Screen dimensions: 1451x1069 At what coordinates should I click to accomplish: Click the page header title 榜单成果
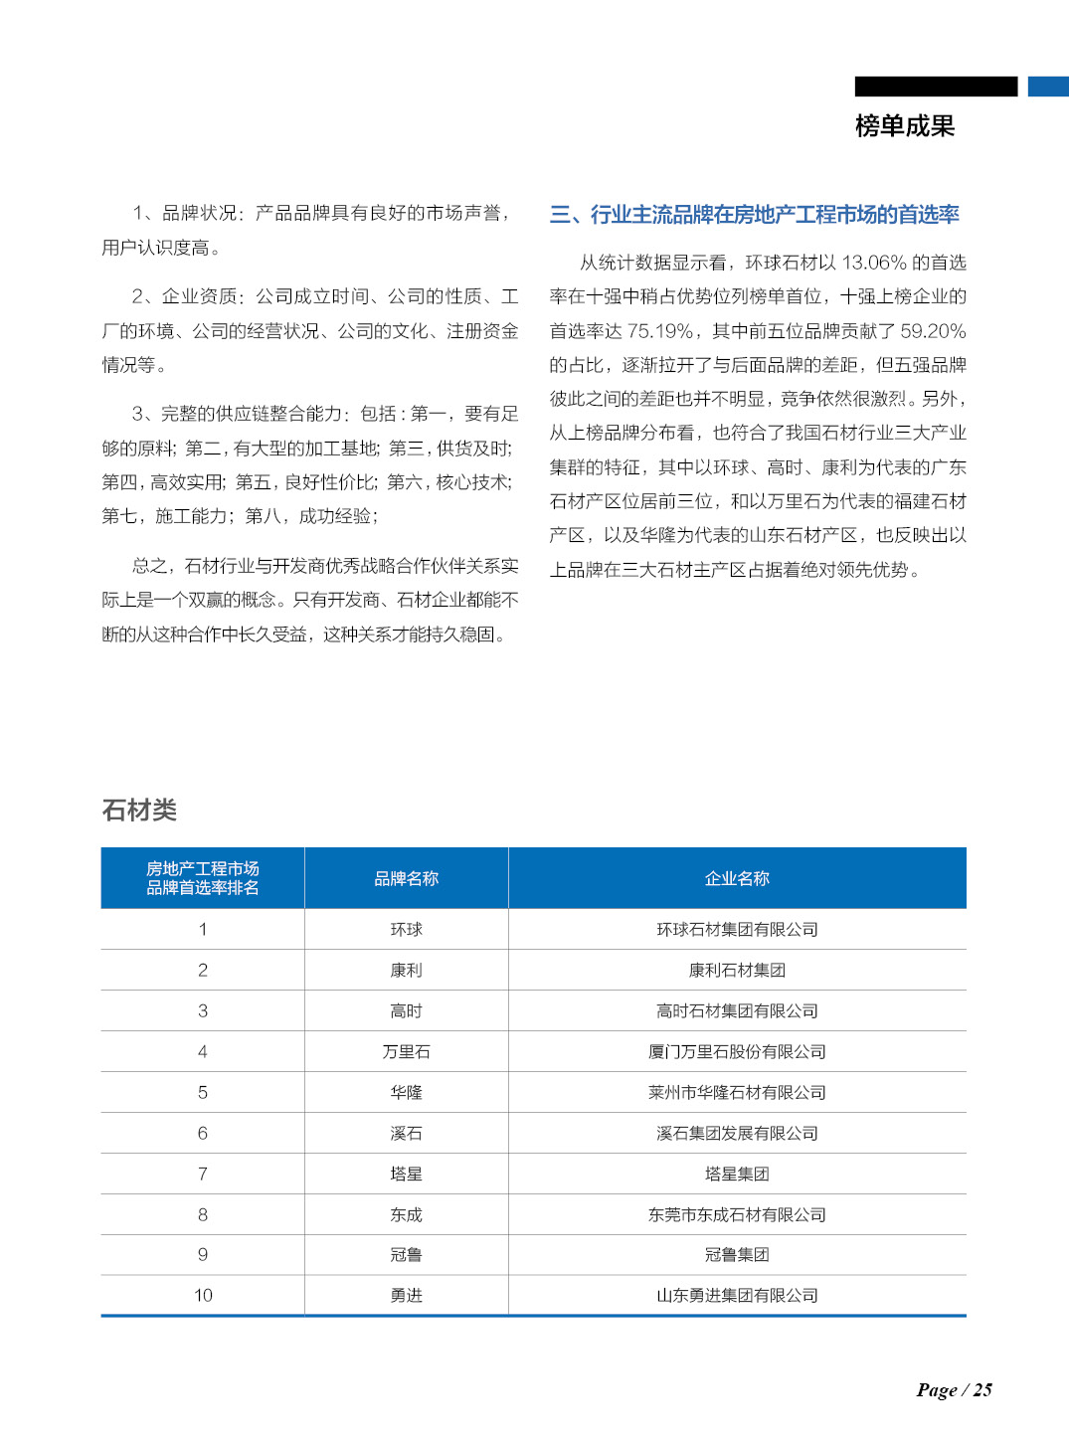904,126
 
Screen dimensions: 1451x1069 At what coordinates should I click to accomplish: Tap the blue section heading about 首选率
754,215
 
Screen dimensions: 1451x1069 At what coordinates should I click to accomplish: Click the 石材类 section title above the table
139,811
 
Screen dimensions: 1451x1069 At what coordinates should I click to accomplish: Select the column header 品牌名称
406,879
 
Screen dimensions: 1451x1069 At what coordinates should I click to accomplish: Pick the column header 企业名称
737,879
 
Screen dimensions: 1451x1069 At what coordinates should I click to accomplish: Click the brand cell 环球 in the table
406,930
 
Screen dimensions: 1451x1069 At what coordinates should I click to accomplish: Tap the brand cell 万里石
406,1052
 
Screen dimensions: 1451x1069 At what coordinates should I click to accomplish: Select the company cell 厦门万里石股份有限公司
737,1052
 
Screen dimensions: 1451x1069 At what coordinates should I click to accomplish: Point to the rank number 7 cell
203,1175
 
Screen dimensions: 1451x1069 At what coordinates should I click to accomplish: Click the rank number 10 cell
203,1296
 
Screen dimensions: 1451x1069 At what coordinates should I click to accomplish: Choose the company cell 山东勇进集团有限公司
737,1296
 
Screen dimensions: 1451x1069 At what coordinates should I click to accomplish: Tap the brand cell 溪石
406,1134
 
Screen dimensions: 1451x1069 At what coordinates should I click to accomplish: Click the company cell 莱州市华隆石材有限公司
737,1093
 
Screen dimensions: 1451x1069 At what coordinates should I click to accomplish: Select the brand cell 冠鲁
406,1255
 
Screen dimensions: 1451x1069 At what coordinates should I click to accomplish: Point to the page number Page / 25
954,1390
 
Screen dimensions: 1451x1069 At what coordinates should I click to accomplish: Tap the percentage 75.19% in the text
659,331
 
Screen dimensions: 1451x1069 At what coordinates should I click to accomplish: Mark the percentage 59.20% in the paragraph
933,331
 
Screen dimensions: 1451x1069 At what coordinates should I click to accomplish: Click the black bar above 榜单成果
936,87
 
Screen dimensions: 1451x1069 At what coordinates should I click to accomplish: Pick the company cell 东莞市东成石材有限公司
737,1215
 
